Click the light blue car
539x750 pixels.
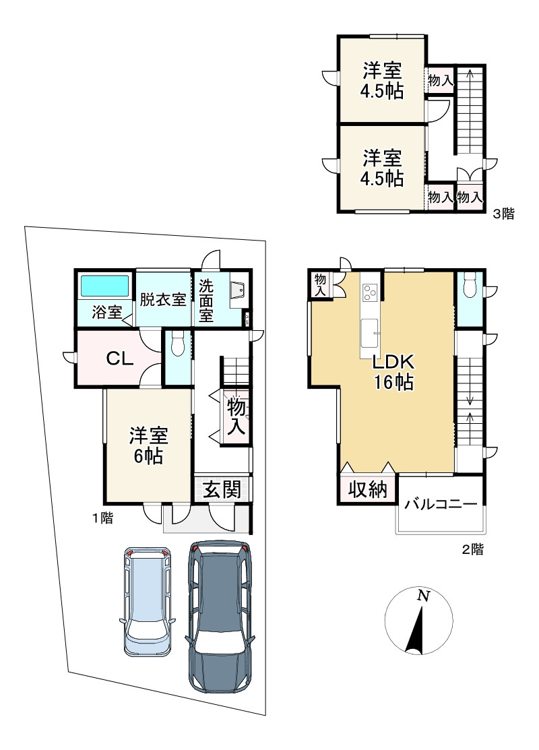click(x=148, y=601)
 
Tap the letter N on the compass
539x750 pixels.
click(x=423, y=596)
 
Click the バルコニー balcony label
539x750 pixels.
click(x=441, y=504)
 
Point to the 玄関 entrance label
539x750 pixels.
click(x=222, y=489)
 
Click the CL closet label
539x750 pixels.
click(x=119, y=358)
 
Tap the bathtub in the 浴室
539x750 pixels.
click(x=104, y=286)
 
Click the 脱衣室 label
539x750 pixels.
click(x=163, y=300)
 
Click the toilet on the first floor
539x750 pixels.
click(x=177, y=344)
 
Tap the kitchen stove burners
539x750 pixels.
click(x=370, y=292)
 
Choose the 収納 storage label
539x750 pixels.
click(x=367, y=489)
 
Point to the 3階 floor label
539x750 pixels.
click(x=503, y=214)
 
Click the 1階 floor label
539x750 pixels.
click(x=103, y=518)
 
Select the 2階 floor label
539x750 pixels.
click(x=472, y=550)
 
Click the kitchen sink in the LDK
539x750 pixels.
click(x=370, y=332)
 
